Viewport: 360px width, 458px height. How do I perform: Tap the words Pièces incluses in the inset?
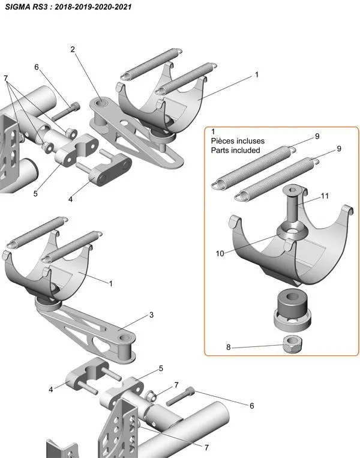pos(238,141)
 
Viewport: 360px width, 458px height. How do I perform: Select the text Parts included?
pos(235,150)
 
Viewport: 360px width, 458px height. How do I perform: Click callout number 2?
pos(73,49)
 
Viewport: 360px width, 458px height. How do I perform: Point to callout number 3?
pos(151,315)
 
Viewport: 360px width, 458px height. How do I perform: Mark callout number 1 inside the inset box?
pos(214,131)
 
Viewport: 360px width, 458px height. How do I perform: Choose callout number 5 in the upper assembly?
pos(35,194)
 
